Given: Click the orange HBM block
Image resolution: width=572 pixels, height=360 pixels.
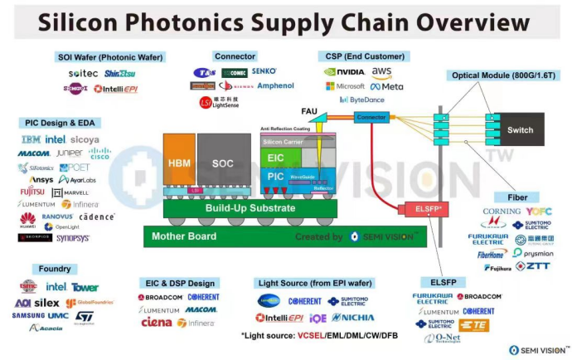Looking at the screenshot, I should point(179,163).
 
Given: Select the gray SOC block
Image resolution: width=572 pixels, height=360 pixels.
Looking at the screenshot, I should point(222,163).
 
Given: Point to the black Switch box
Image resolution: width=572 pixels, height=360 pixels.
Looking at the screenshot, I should point(520,129).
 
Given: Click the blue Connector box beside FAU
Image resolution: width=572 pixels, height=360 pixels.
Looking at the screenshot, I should point(371,118).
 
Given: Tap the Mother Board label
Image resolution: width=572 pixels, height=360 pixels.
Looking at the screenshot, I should point(183,236).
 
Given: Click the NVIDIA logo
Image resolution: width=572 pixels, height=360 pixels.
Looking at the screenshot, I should point(344,72).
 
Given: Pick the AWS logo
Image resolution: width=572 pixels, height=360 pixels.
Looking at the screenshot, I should point(381,72).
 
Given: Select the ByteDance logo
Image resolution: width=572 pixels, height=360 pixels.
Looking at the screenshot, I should point(361,100).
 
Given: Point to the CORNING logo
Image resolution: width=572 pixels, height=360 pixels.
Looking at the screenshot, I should point(501,212).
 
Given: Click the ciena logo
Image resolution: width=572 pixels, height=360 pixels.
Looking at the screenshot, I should point(156,322).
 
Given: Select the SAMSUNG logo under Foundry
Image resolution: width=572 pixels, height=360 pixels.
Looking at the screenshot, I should point(28,315).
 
